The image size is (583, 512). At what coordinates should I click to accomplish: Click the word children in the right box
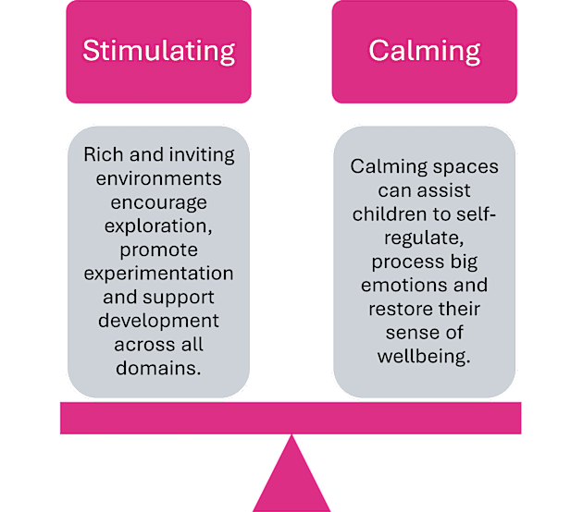point(385,213)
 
